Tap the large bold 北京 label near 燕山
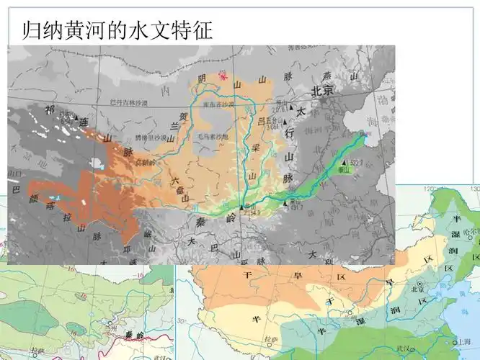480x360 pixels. pyautogui.click(x=321, y=91)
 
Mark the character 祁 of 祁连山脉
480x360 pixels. pyautogui.click(x=50, y=109)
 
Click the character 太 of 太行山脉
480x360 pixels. pyautogui.click(x=301, y=111)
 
